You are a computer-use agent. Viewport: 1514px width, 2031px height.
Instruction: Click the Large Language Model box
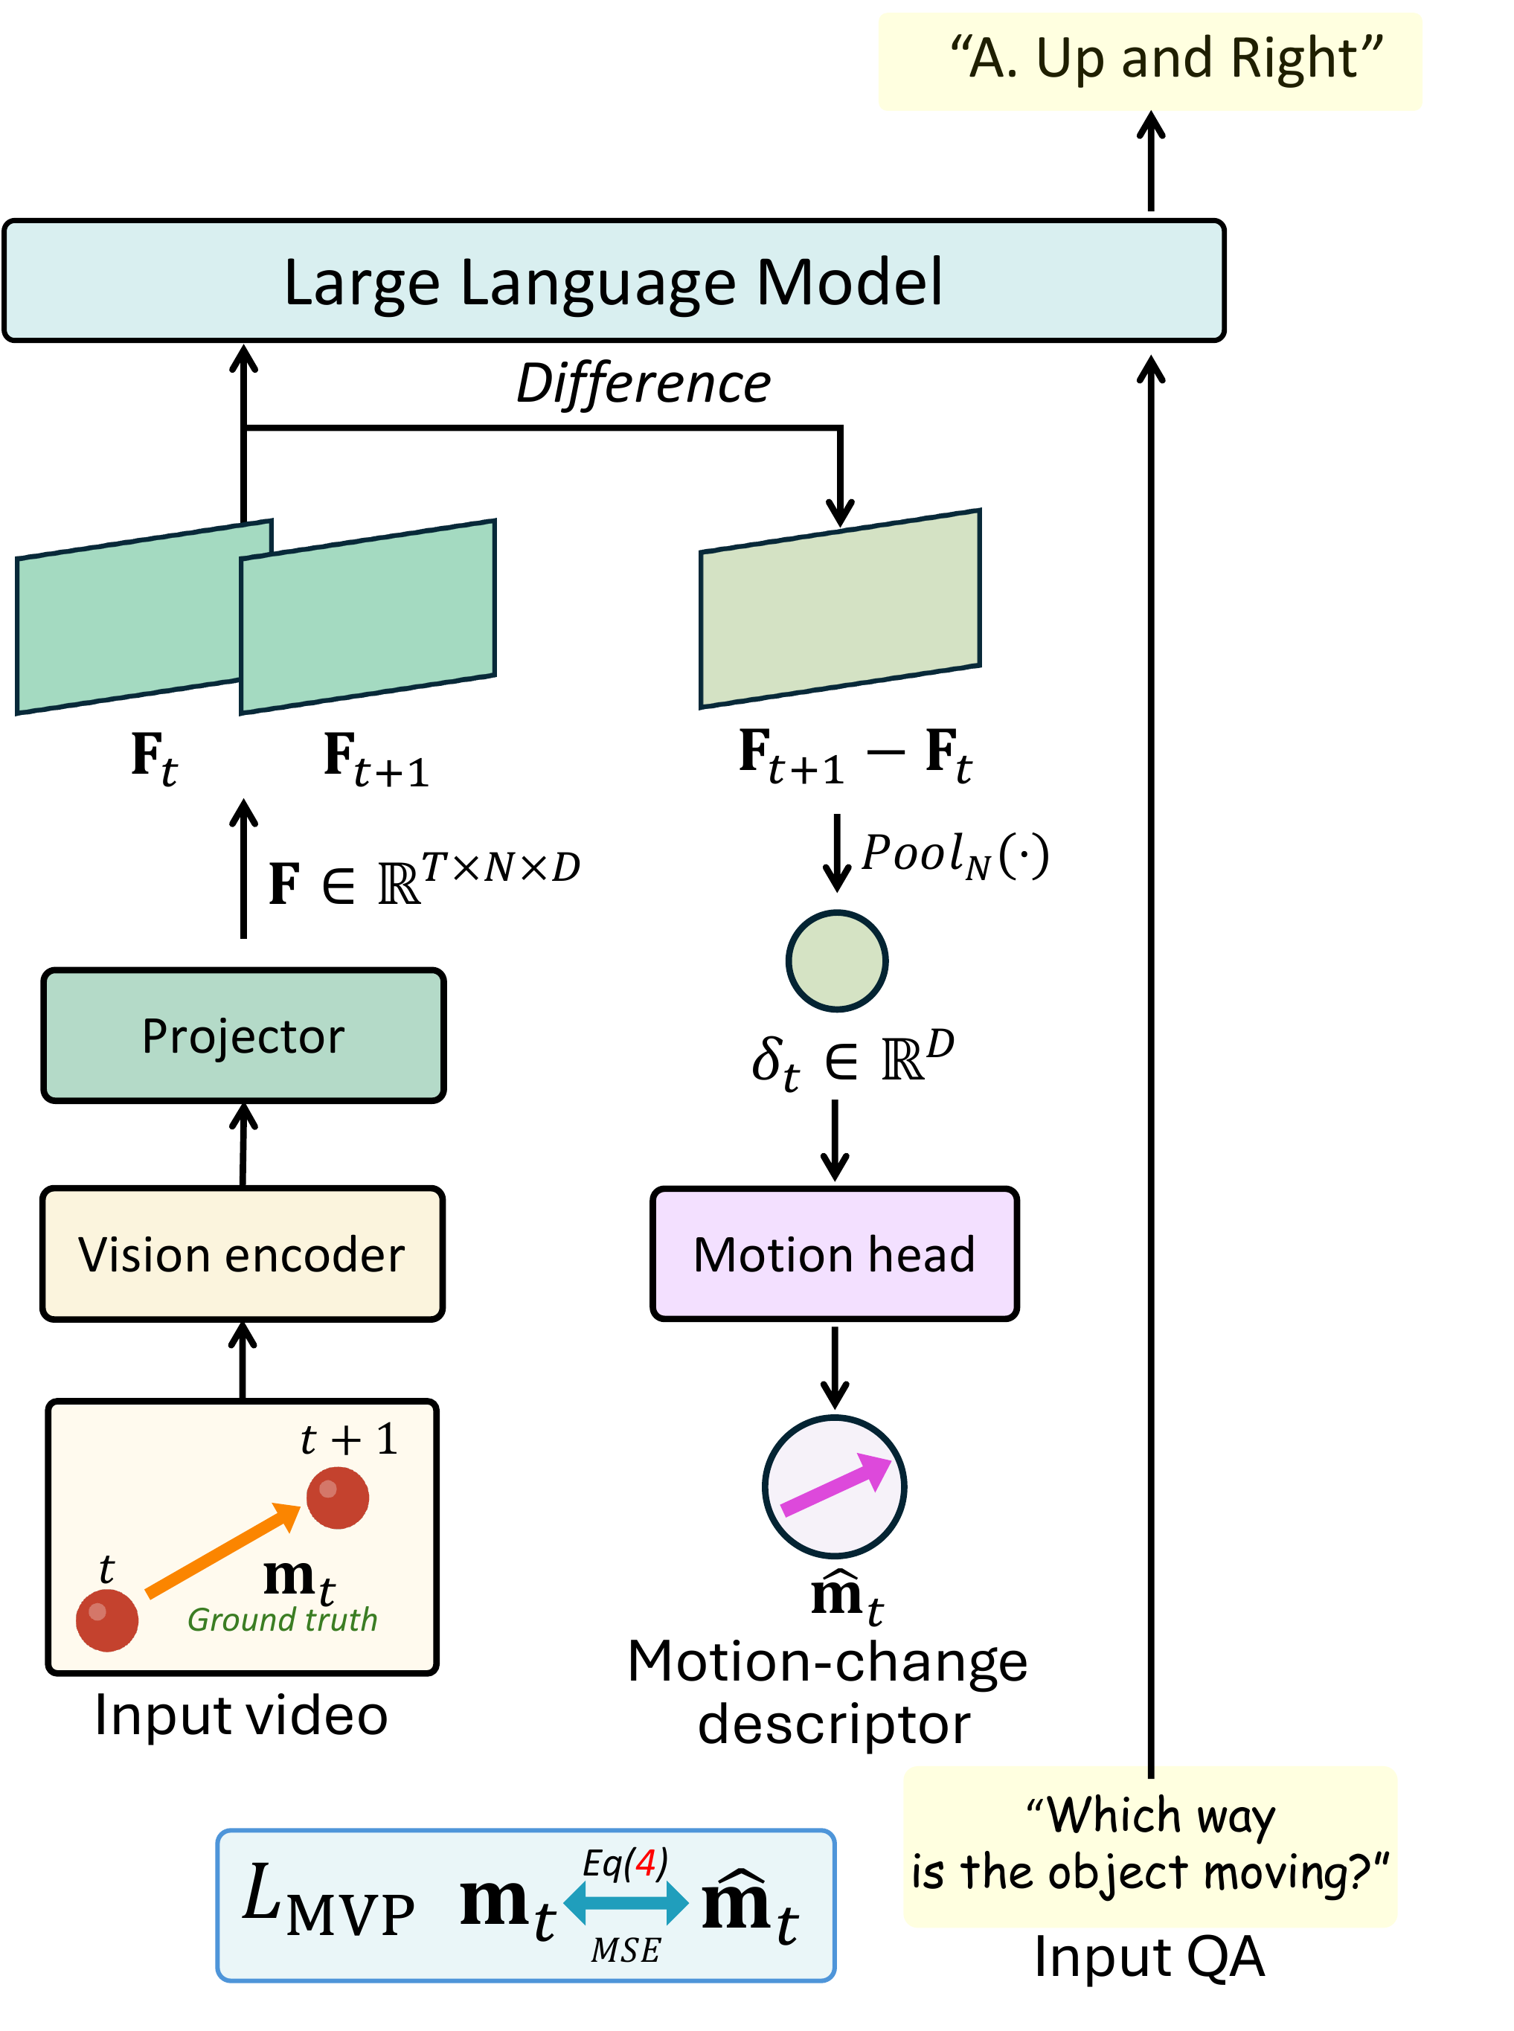(x=614, y=280)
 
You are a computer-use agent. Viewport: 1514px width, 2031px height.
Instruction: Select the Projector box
(x=244, y=1036)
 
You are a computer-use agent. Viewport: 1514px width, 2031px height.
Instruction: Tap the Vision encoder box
(x=243, y=1254)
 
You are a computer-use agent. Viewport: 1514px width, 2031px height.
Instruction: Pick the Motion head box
(x=835, y=1254)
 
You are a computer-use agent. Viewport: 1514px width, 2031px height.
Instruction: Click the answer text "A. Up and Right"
(x=1166, y=59)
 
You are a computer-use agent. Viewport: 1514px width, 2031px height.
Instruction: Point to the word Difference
(x=644, y=383)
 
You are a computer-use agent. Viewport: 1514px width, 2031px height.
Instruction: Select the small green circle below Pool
(x=837, y=960)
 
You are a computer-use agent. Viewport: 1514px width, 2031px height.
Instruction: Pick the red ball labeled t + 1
(x=337, y=1498)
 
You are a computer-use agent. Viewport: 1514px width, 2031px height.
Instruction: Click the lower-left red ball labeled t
(x=107, y=1620)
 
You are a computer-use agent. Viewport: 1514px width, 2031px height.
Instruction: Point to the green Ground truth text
(x=282, y=1620)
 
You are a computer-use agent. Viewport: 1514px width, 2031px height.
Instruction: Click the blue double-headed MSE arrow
(x=626, y=1903)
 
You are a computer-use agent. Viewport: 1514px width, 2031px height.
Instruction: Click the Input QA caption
(x=1149, y=1957)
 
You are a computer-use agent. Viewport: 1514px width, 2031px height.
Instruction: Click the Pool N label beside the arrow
(x=955, y=854)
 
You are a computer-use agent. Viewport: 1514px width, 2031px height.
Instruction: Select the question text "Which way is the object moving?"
(x=1150, y=1844)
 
